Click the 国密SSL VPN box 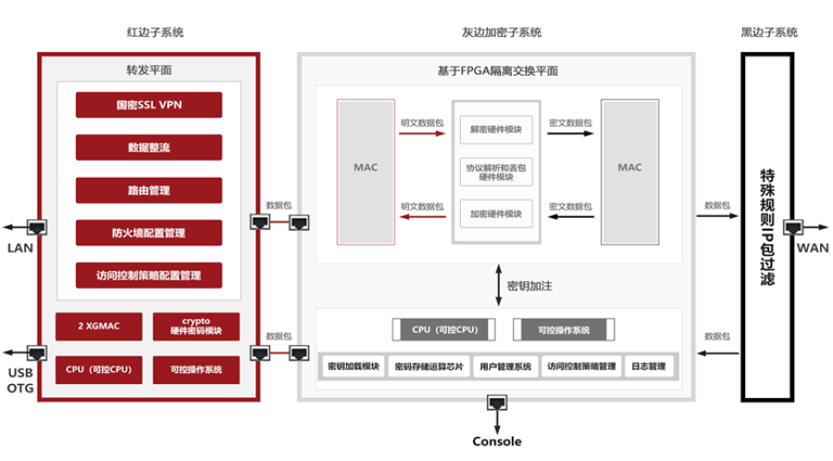point(149,105)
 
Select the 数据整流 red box point(149,147)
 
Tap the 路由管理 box point(149,190)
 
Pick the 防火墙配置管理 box point(149,232)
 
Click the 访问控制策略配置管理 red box point(149,275)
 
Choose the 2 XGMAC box point(99,326)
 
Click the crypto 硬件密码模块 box point(195,326)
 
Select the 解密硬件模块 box point(495,130)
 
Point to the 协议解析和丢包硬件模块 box point(495,171)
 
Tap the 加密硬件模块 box point(495,214)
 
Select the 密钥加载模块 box point(354,367)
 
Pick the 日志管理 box point(651,367)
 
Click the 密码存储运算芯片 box point(427,367)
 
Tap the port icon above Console point(497,404)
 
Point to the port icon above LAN point(37,226)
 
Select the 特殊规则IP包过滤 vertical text point(766,226)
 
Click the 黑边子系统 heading point(768,32)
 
